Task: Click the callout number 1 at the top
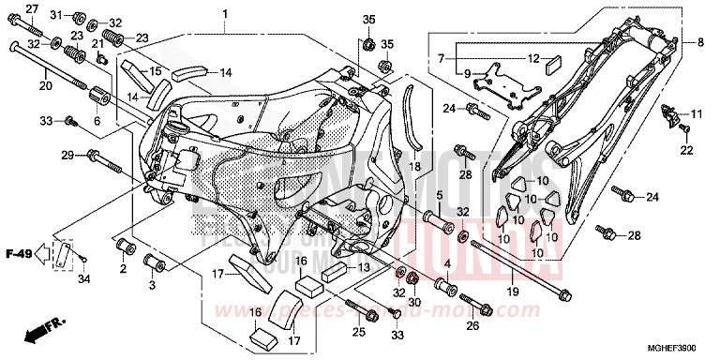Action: point(225,12)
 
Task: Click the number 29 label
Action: point(67,154)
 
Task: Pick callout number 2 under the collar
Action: point(123,268)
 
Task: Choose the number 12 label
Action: point(532,58)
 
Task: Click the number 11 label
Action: point(696,114)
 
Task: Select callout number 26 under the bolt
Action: point(472,325)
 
